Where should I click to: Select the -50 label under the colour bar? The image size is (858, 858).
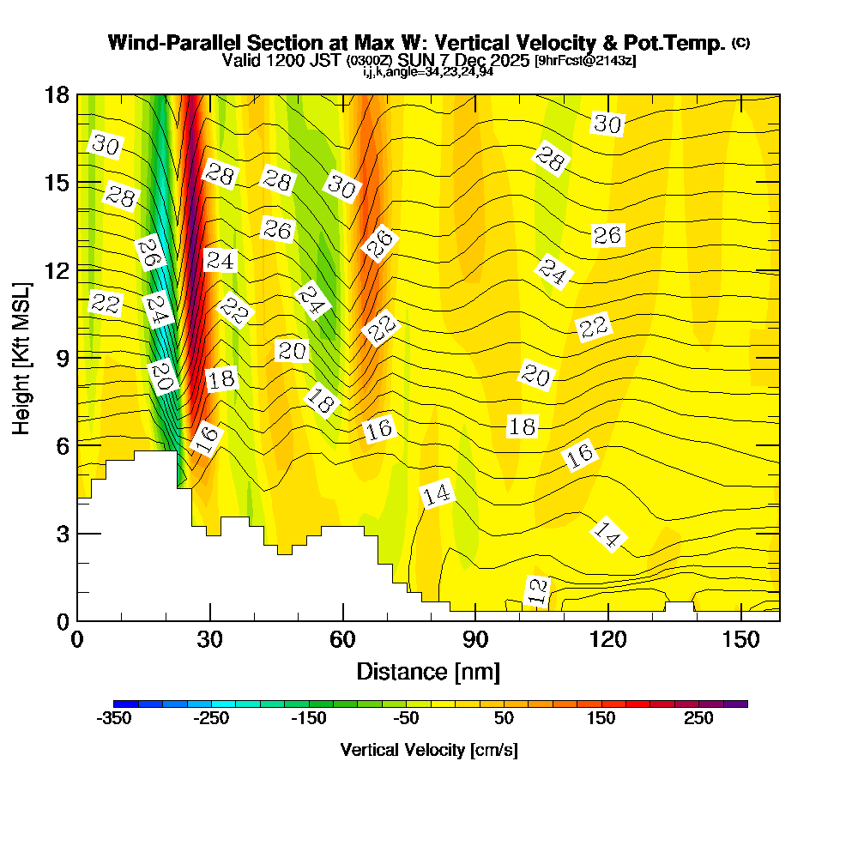[406, 718]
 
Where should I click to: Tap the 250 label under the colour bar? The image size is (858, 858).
[698, 718]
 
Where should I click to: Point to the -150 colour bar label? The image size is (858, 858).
[309, 718]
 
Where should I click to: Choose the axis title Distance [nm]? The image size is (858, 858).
[428, 670]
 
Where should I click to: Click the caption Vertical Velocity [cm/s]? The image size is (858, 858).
[429, 750]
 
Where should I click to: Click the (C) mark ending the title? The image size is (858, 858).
[740, 43]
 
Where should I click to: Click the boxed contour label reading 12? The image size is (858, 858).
[537, 591]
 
